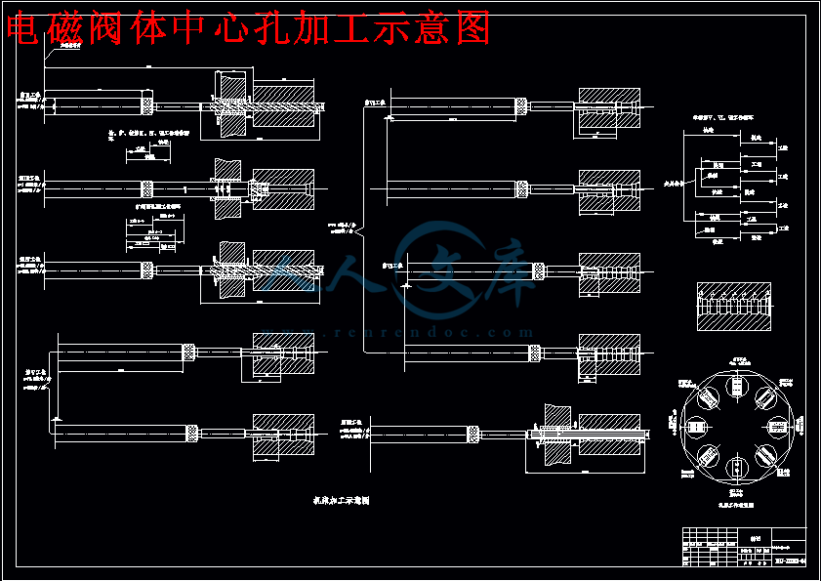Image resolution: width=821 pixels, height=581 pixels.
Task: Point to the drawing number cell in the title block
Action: click(790, 560)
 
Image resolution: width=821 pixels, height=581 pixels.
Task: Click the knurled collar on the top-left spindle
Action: click(148, 104)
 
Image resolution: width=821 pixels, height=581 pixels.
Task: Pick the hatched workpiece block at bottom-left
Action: click(284, 431)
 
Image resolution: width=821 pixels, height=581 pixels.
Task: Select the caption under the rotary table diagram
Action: click(734, 494)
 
